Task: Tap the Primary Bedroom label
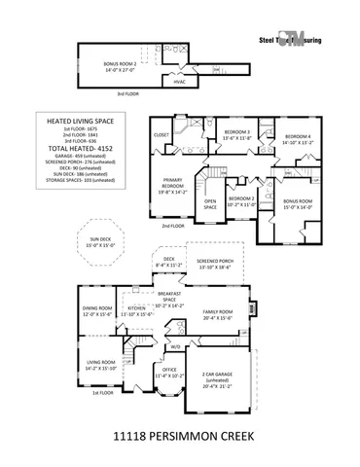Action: (x=173, y=188)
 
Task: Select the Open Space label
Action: (x=209, y=205)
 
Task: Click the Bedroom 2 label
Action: (x=240, y=201)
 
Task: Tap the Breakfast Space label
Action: (x=175, y=299)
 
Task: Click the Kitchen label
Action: (x=136, y=311)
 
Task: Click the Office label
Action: (x=169, y=372)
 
